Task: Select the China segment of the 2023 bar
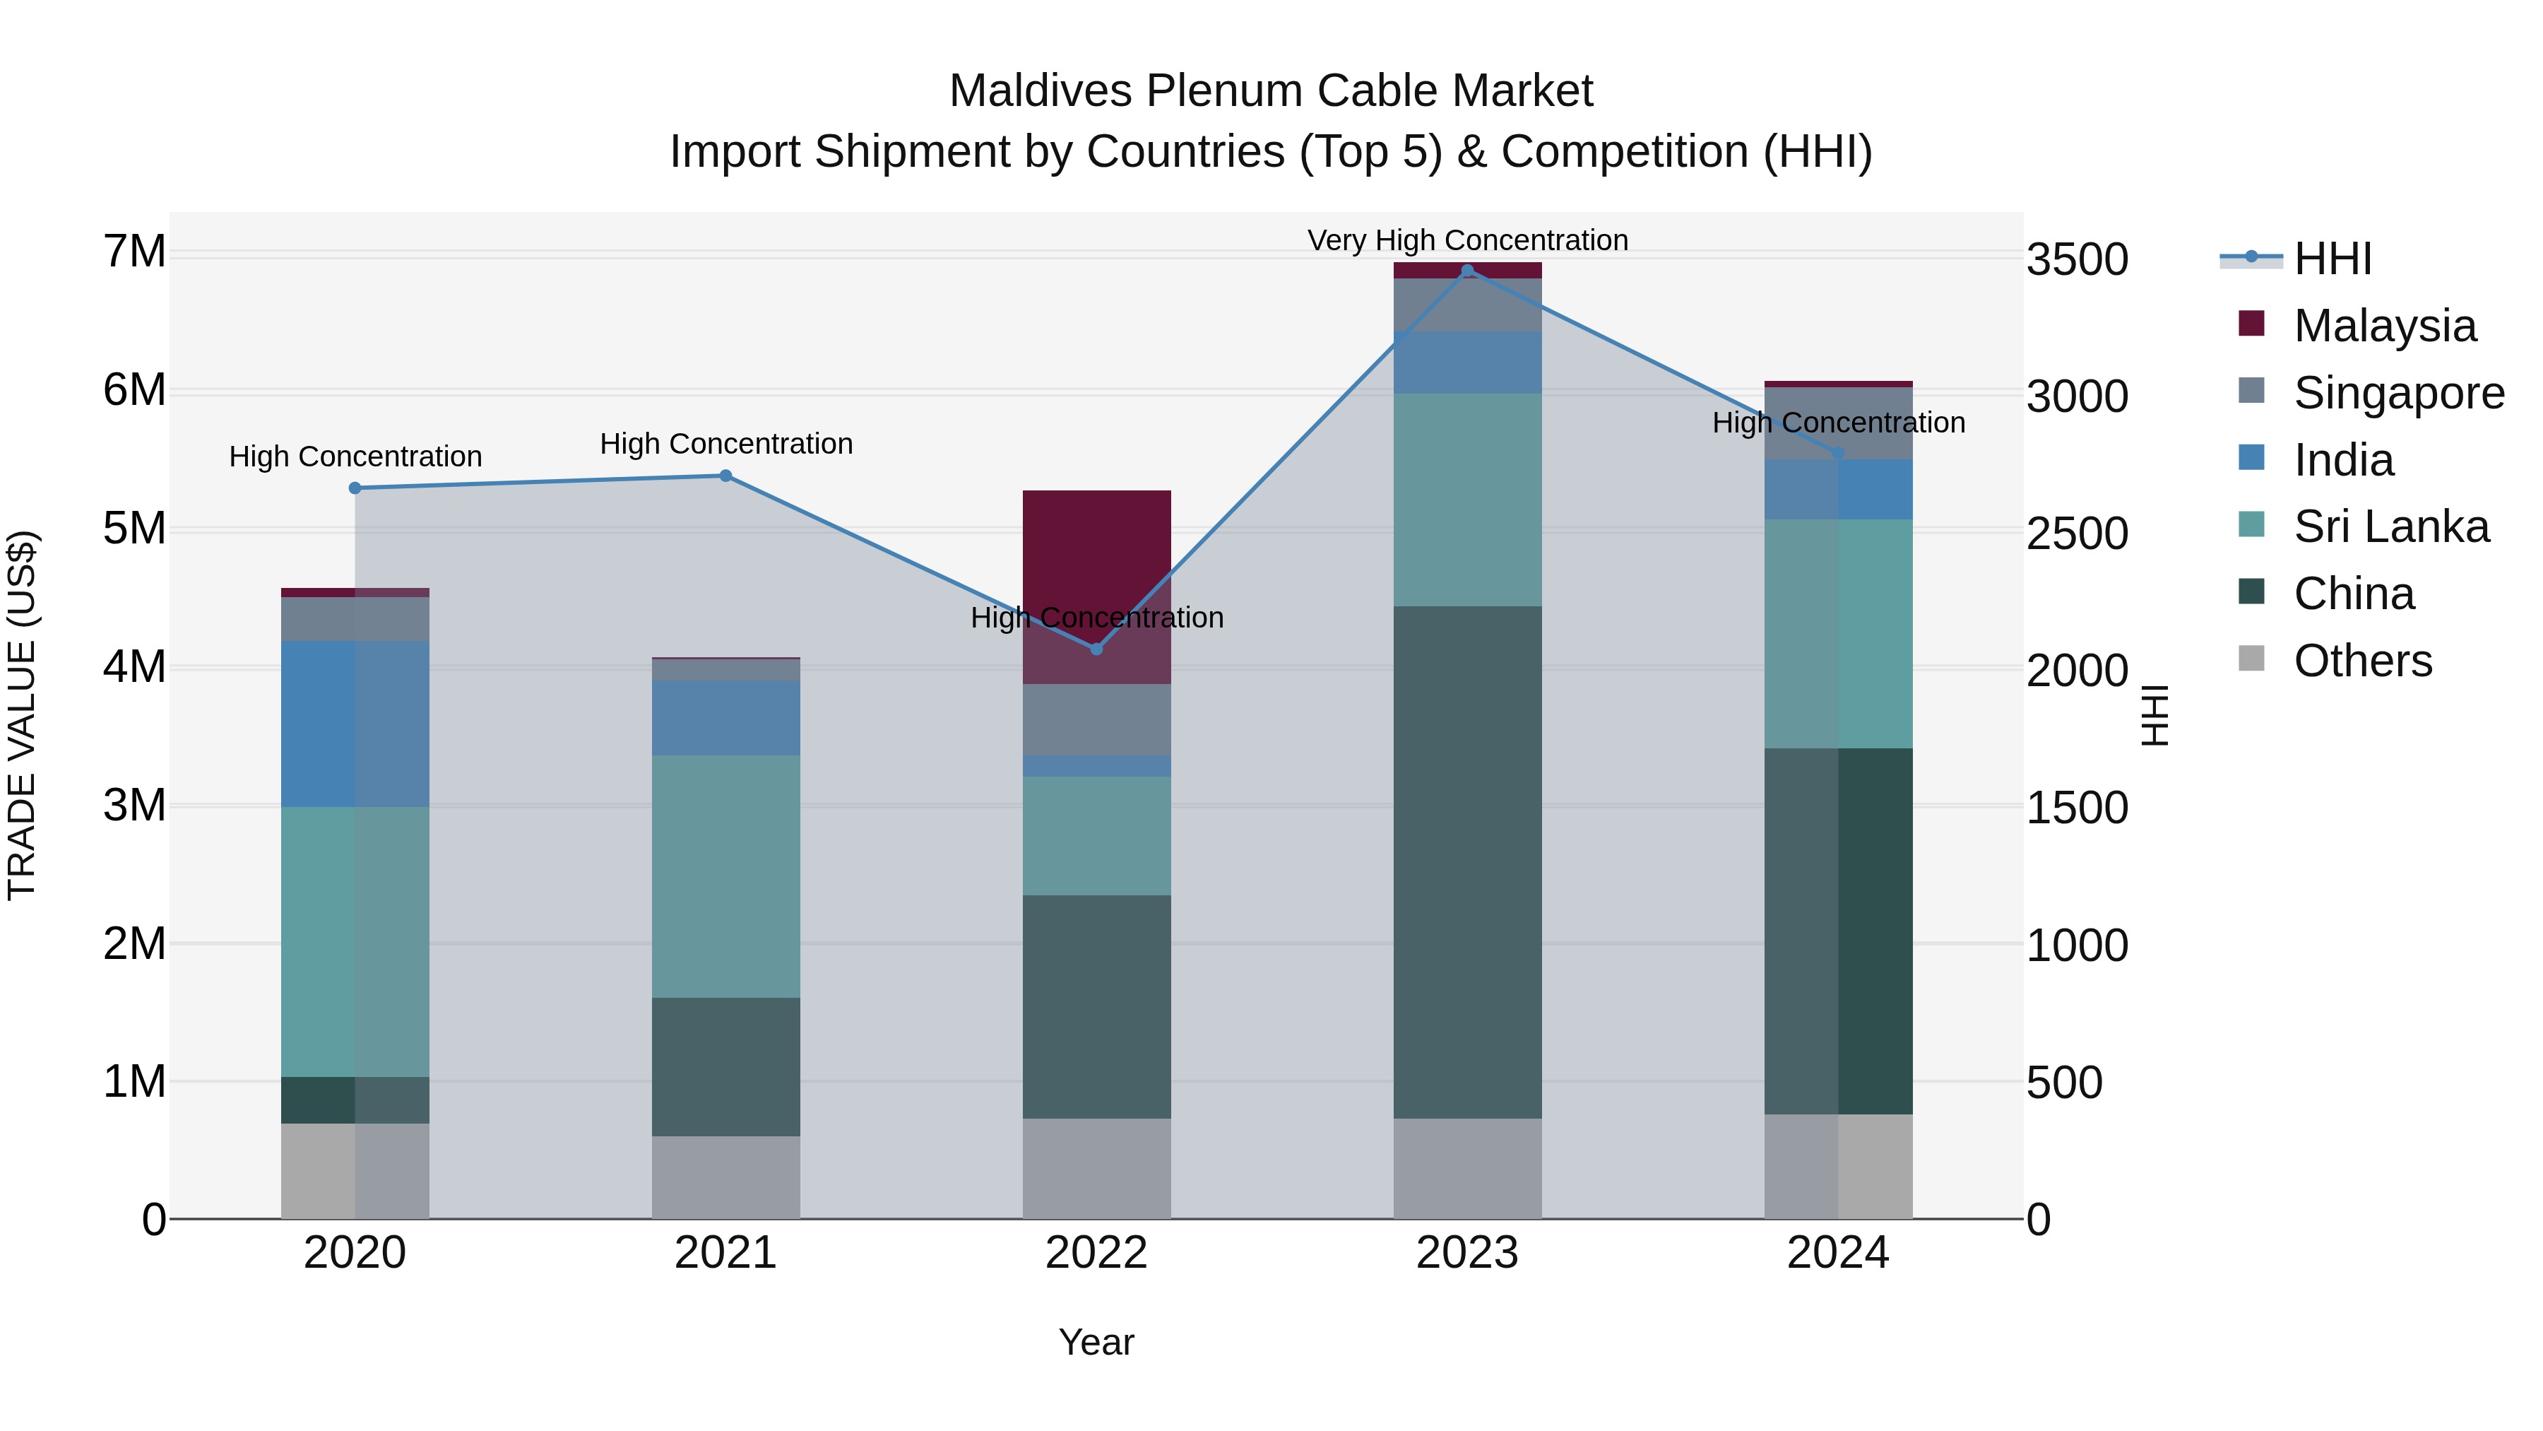[1467, 861]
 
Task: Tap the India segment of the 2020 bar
[355, 723]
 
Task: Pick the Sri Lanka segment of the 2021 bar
[725, 876]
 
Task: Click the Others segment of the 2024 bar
[1838, 1165]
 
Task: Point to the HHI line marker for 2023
[1467, 271]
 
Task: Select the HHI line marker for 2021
[725, 476]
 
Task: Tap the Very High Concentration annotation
[1467, 240]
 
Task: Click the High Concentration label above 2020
[355, 457]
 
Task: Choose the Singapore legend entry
[2399, 393]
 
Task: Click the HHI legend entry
[2332, 259]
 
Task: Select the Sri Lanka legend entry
[2391, 526]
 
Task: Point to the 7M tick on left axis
[134, 252]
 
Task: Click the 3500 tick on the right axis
[2077, 260]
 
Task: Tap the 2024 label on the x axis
[1838, 1253]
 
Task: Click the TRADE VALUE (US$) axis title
[22, 715]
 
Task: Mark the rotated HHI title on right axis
[2156, 715]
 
